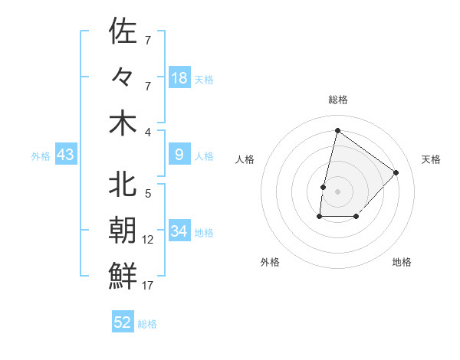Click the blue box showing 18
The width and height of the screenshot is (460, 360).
click(x=179, y=78)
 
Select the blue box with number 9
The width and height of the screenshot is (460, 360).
click(x=179, y=155)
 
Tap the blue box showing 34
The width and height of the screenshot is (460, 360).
click(x=179, y=231)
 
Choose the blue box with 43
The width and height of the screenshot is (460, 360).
click(x=65, y=155)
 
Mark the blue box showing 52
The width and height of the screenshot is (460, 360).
click(x=123, y=322)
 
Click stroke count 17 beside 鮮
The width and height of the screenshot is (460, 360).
click(x=148, y=286)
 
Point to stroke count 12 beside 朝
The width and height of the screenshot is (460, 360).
click(x=148, y=240)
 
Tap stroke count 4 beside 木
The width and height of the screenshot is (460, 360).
click(x=148, y=132)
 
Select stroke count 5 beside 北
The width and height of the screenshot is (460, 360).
click(x=148, y=194)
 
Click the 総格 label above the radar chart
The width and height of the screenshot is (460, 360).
click(x=337, y=100)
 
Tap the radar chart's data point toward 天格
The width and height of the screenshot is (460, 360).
click(x=396, y=172)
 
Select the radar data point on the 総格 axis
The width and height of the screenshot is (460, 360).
click(x=337, y=130)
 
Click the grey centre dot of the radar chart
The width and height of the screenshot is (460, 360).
click(x=337, y=191)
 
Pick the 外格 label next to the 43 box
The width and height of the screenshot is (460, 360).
click(x=41, y=156)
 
